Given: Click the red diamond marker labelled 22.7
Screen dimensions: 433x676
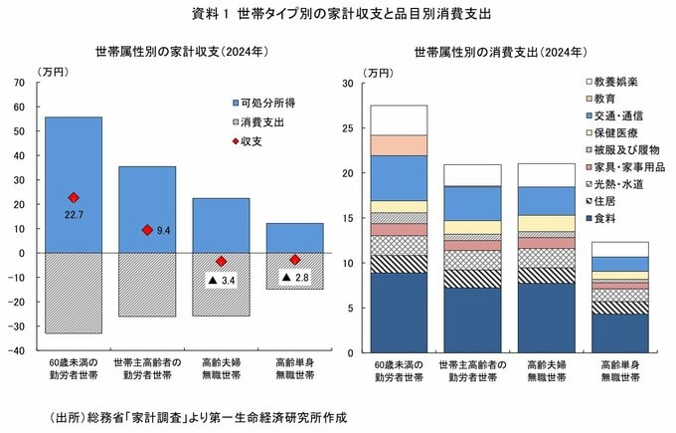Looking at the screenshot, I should (x=73, y=198).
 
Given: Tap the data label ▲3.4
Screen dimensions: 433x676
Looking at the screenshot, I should (x=221, y=282).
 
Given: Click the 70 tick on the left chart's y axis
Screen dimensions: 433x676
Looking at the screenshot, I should (x=19, y=82).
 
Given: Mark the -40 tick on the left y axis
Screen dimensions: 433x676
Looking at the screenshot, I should (x=17, y=350).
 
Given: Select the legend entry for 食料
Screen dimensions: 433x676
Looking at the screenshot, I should (x=607, y=219).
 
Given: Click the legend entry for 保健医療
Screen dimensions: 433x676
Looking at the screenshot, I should (x=616, y=133).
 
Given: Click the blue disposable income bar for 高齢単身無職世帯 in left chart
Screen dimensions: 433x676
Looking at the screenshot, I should (x=295, y=238).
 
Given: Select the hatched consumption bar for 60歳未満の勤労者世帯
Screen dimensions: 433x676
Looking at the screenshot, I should (x=74, y=293).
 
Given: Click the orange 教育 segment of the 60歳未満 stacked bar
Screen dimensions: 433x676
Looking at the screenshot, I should (x=398, y=145).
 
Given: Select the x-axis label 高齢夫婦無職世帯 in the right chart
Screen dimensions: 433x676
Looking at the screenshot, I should (x=546, y=369).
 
